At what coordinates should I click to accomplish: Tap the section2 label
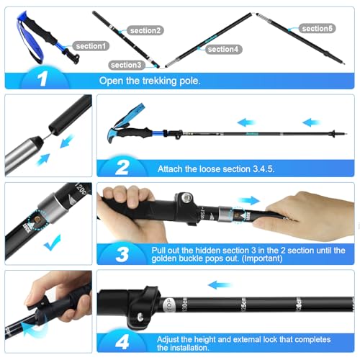click(145, 30)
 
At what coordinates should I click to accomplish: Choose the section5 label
click(318, 28)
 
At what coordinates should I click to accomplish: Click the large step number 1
click(40, 79)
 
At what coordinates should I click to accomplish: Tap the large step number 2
click(122, 167)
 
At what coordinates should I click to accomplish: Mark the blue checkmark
click(52, 245)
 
